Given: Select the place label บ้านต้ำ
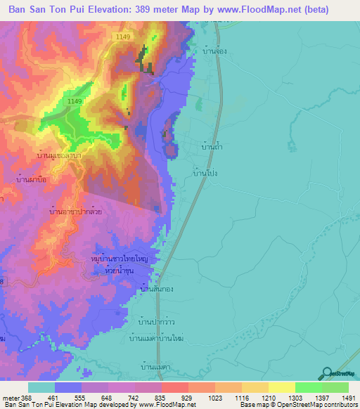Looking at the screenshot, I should point(212,148).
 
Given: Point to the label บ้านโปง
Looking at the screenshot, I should point(204,171).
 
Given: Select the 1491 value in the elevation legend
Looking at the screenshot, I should point(348,397).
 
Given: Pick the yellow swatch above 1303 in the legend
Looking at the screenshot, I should point(281,387).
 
